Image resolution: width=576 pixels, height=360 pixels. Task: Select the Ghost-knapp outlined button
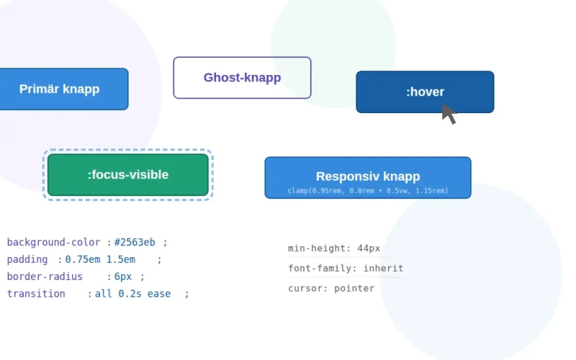pos(242,78)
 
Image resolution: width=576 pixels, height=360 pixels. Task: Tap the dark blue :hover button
pos(425,92)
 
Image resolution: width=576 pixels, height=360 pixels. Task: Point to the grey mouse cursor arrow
pos(449,113)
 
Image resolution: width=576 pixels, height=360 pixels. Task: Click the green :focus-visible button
pos(128,174)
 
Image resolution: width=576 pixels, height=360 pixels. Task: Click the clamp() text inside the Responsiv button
pos(368,191)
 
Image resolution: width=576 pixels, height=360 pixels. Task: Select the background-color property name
pos(54,243)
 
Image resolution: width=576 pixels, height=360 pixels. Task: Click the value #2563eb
pos(135,243)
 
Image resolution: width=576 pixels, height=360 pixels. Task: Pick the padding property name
pos(27,260)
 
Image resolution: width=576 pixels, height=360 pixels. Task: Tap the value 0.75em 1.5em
pos(100,260)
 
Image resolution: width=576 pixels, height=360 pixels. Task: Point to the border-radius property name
pos(45,277)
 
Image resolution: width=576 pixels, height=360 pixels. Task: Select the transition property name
pos(36,294)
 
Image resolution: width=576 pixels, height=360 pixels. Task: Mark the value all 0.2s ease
pos(132,294)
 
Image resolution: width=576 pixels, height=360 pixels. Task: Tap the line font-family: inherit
pos(346,269)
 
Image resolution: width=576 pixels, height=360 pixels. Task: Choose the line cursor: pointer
pos(331,289)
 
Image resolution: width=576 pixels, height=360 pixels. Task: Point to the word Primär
pos(39,89)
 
